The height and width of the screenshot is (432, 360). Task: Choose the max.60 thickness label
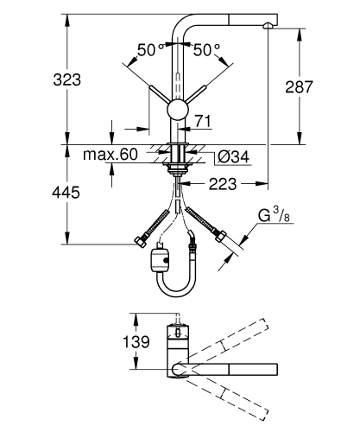111,156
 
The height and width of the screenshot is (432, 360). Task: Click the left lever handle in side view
160,95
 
